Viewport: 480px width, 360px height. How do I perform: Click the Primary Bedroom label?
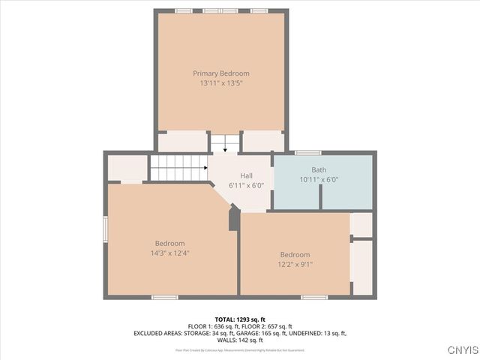[220, 73]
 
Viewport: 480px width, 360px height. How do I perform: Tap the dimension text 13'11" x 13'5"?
[220, 83]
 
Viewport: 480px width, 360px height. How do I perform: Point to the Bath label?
[319, 170]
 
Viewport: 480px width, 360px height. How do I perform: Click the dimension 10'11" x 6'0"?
[319, 180]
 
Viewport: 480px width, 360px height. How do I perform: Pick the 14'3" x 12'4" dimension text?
[169, 253]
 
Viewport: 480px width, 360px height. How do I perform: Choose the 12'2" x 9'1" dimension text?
[295, 265]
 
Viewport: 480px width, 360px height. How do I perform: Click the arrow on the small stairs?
[223, 148]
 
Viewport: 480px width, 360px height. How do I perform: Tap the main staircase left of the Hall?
[178, 167]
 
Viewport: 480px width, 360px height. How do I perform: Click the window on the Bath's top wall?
[307, 152]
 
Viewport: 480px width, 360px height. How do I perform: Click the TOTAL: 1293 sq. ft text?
[240, 319]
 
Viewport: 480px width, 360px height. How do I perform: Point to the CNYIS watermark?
[461, 350]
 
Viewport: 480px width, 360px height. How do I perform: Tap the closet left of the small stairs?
[182, 142]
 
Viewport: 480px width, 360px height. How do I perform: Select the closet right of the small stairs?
[263, 142]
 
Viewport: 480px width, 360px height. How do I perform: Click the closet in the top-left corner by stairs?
[127, 168]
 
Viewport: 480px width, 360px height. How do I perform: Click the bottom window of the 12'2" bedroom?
[314, 297]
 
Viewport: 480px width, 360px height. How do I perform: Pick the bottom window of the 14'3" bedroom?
[164, 297]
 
